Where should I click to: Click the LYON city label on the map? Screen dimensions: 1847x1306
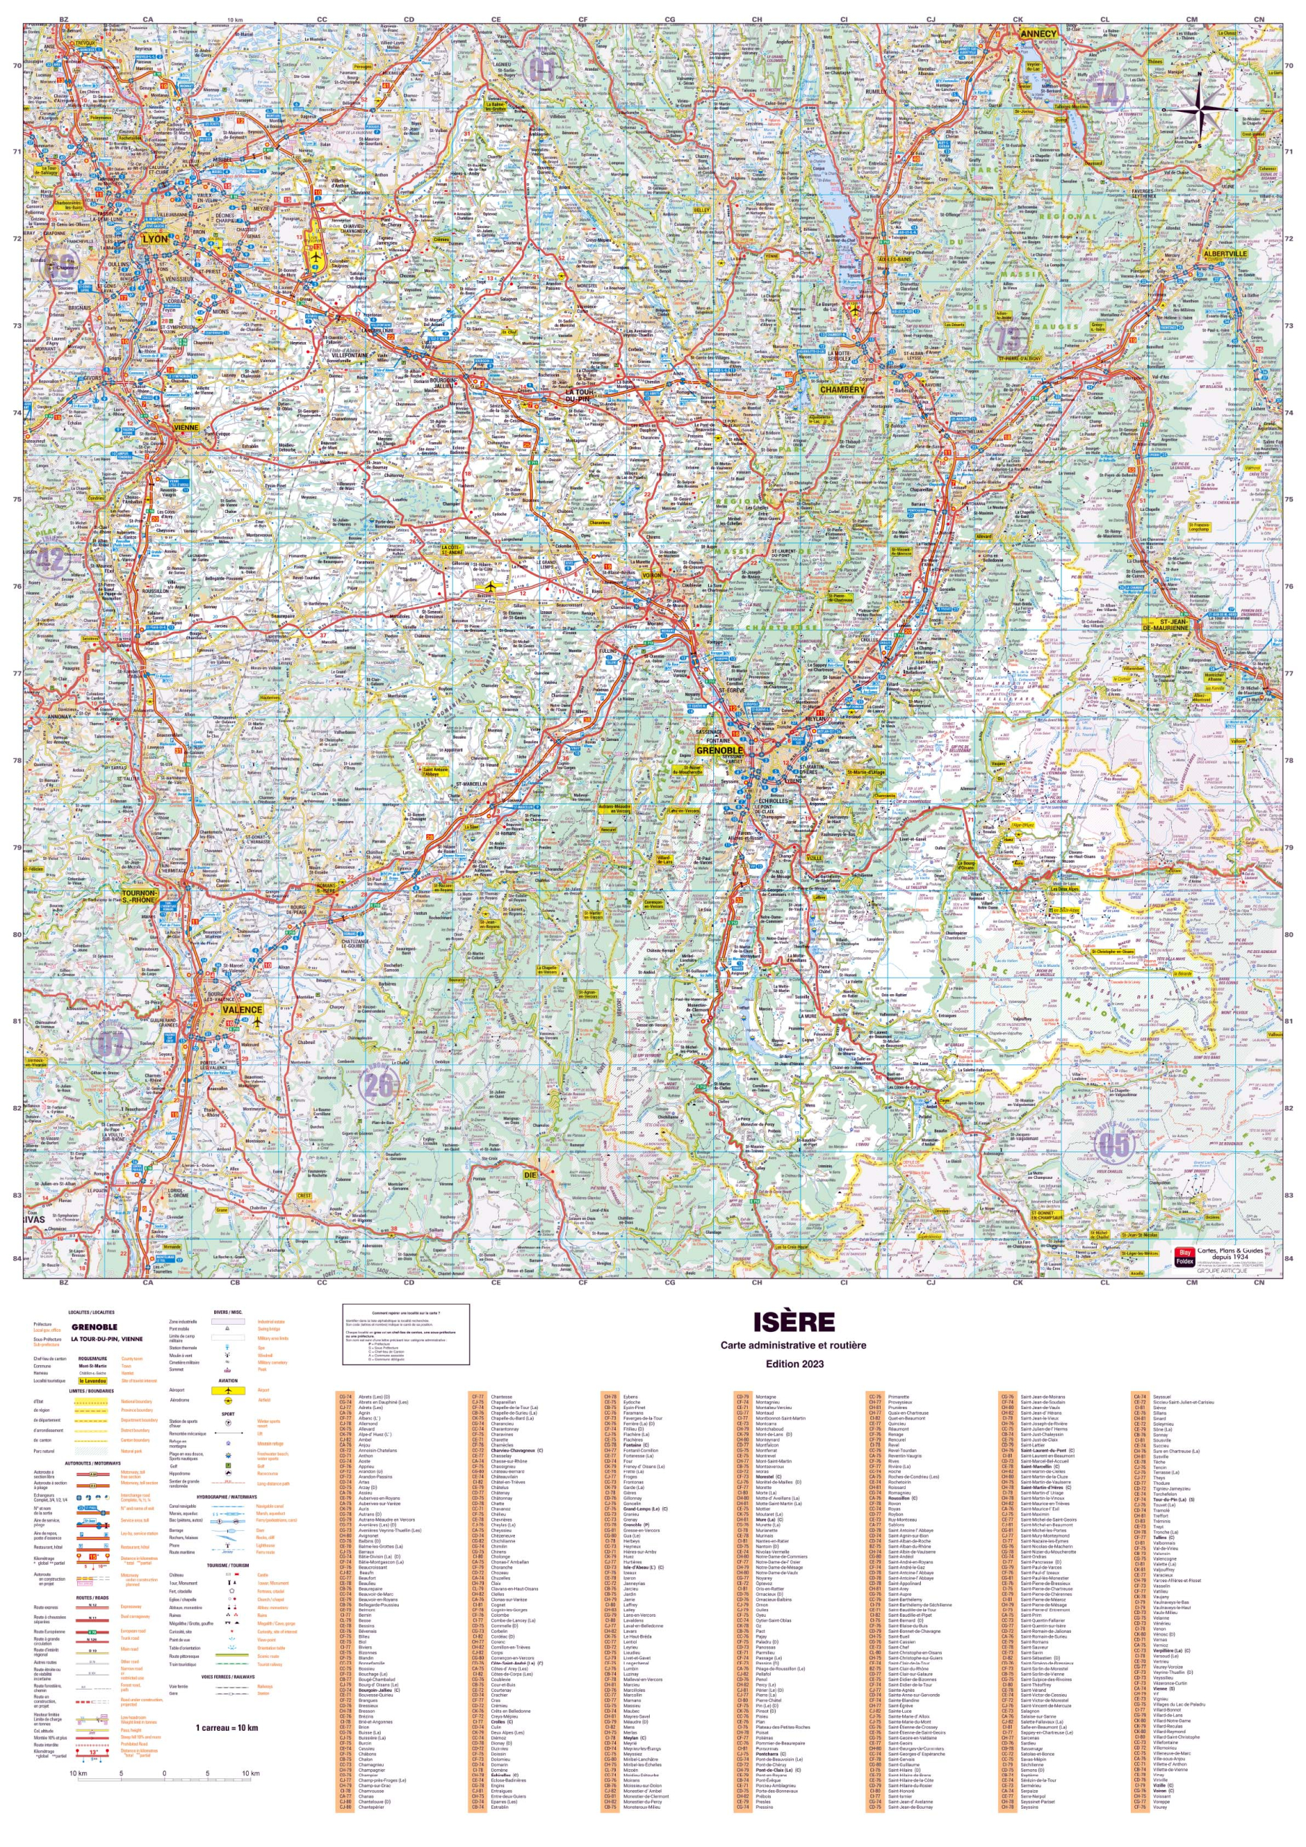[x=155, y=239]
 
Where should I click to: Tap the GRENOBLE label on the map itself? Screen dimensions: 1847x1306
[x=720, y=750]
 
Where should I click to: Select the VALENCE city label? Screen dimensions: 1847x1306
[x=242, y=1009]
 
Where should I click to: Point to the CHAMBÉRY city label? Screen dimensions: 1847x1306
[x=842, y=390]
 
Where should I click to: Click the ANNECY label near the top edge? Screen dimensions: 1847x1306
[x=1038, y=35]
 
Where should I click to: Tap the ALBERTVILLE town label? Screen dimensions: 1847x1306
[x=1225, y=253]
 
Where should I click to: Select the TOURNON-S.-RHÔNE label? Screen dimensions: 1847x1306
[x=139, y=896]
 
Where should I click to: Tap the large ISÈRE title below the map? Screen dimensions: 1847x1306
[x=793, y=1322]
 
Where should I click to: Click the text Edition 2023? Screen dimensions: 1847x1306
[x=794, y=1364]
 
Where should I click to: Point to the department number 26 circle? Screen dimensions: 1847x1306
[x=378, y=1085]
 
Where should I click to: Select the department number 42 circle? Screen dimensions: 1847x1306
[x=50, y=559]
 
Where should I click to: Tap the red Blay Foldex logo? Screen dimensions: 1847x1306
[x=1183, y=1255]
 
